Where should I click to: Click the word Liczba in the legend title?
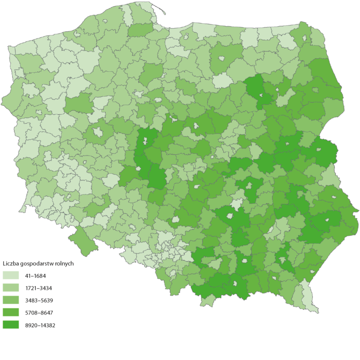coord(10,263)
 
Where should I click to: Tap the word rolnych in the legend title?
coord(64,263)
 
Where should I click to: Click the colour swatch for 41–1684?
coord(11,276)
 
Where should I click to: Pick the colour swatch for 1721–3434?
coord(11,288)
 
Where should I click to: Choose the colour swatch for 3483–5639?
coord(11,300)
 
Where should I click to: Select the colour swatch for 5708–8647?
coord(11,312)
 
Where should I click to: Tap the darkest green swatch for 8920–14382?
coord(11,324)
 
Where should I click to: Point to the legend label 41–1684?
coord(36,276)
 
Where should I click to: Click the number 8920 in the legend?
coord(33,324)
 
